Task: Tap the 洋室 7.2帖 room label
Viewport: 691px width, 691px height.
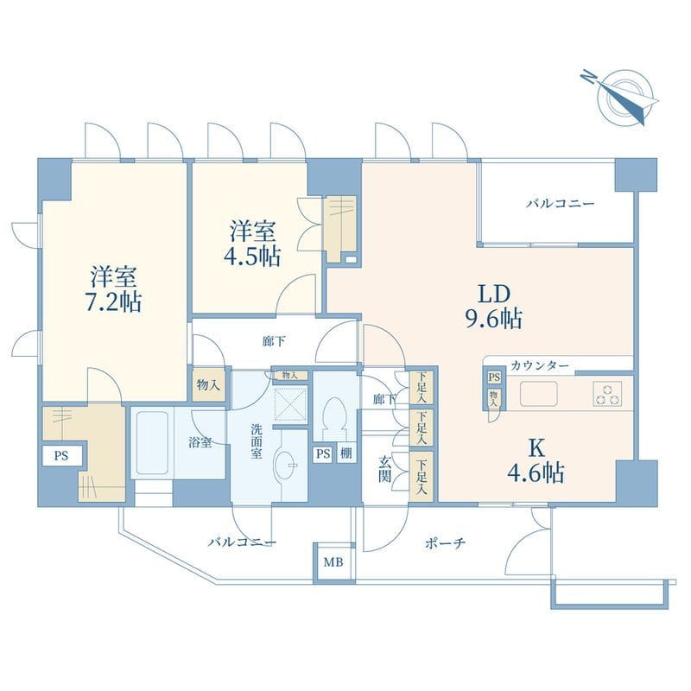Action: point(113,289)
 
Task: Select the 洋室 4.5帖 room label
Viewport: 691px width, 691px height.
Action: point(252,244)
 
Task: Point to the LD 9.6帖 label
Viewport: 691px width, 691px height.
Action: point(494,307)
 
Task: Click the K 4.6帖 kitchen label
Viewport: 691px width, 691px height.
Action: point(536,461)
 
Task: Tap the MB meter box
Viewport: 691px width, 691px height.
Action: point(333,562)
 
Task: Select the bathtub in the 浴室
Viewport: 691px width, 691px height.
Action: point(153,443)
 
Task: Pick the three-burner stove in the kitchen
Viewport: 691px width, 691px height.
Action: point(607,394)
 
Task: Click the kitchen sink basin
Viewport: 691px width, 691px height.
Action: point(538,394)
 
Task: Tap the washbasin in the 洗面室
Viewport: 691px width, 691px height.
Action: point(285,464)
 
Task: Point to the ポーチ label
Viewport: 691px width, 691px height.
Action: point(445,543)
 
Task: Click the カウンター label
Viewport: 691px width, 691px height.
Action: point(539,365)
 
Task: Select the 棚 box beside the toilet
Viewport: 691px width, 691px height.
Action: point(346,454)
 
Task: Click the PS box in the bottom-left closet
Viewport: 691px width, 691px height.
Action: point(61,456)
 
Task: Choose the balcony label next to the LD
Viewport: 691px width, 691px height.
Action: point(561,204)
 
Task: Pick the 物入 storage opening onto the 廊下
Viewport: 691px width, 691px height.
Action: point(208,384)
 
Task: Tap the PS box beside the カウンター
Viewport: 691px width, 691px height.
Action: point(494,377)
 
